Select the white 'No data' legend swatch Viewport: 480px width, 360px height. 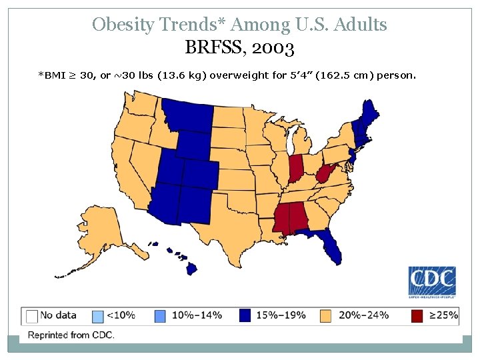tap(31, 316)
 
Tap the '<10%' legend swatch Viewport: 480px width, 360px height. tap(96, 316)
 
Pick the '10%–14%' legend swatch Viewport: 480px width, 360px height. tap(161, 316)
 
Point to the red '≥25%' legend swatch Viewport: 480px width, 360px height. tap(417, 316)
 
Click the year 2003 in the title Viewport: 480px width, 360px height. tap(271, 49)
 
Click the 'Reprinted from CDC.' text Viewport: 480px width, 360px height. tap(71, 335)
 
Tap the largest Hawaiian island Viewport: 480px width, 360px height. tap(191, 268)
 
